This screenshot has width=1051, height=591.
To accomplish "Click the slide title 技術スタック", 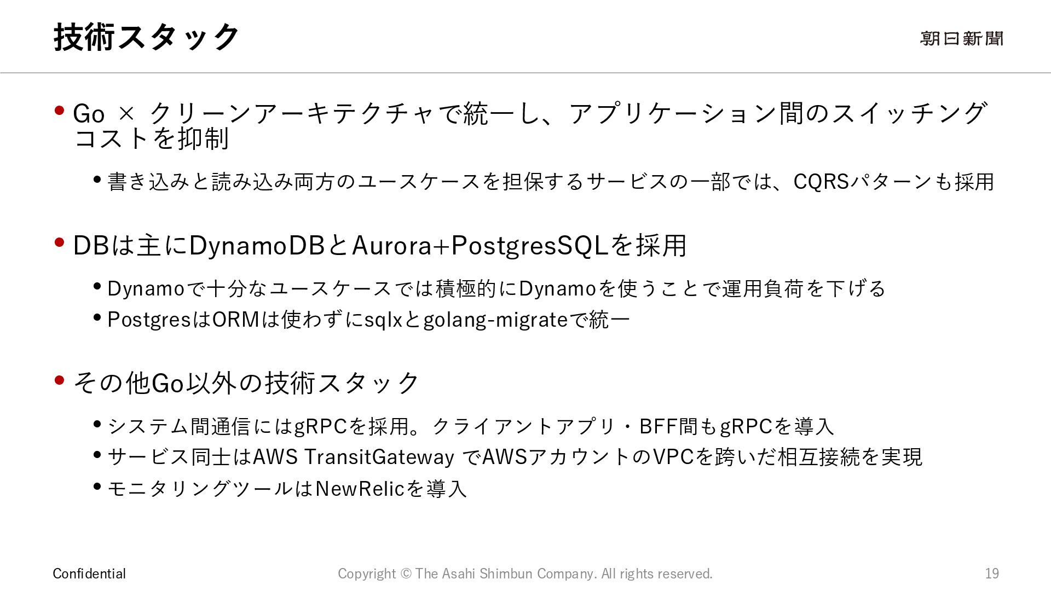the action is click(x=146, y=37).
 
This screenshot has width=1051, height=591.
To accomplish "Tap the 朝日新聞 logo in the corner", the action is click(x=961, y=38).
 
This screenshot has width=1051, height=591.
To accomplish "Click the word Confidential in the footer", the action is click(x=89, y=573).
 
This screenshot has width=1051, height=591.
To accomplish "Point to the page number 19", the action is click(x=992, y=573).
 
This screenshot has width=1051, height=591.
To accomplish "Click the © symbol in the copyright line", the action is click(x=406, y=573).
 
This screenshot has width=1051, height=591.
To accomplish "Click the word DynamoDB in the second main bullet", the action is click(x=257, y=245).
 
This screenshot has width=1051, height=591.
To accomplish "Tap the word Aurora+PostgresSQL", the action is click(x=480, y=245).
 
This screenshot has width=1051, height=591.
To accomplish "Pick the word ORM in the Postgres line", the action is click(x=235, y=320).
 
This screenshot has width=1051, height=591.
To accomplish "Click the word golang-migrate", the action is click(x=495, y=320).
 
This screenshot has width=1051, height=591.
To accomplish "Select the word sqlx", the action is click(x=383, y=320).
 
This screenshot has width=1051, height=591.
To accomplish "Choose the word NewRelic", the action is click(x=360, y=488).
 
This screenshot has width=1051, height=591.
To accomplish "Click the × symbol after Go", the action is click(x=126, y=114).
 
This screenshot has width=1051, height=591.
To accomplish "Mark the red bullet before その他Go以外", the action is click(x=60, y=380).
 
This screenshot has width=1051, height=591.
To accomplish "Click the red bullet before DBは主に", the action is click(x=60, y=242).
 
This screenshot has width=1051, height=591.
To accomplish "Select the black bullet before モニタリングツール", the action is click(x=97, y=486).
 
